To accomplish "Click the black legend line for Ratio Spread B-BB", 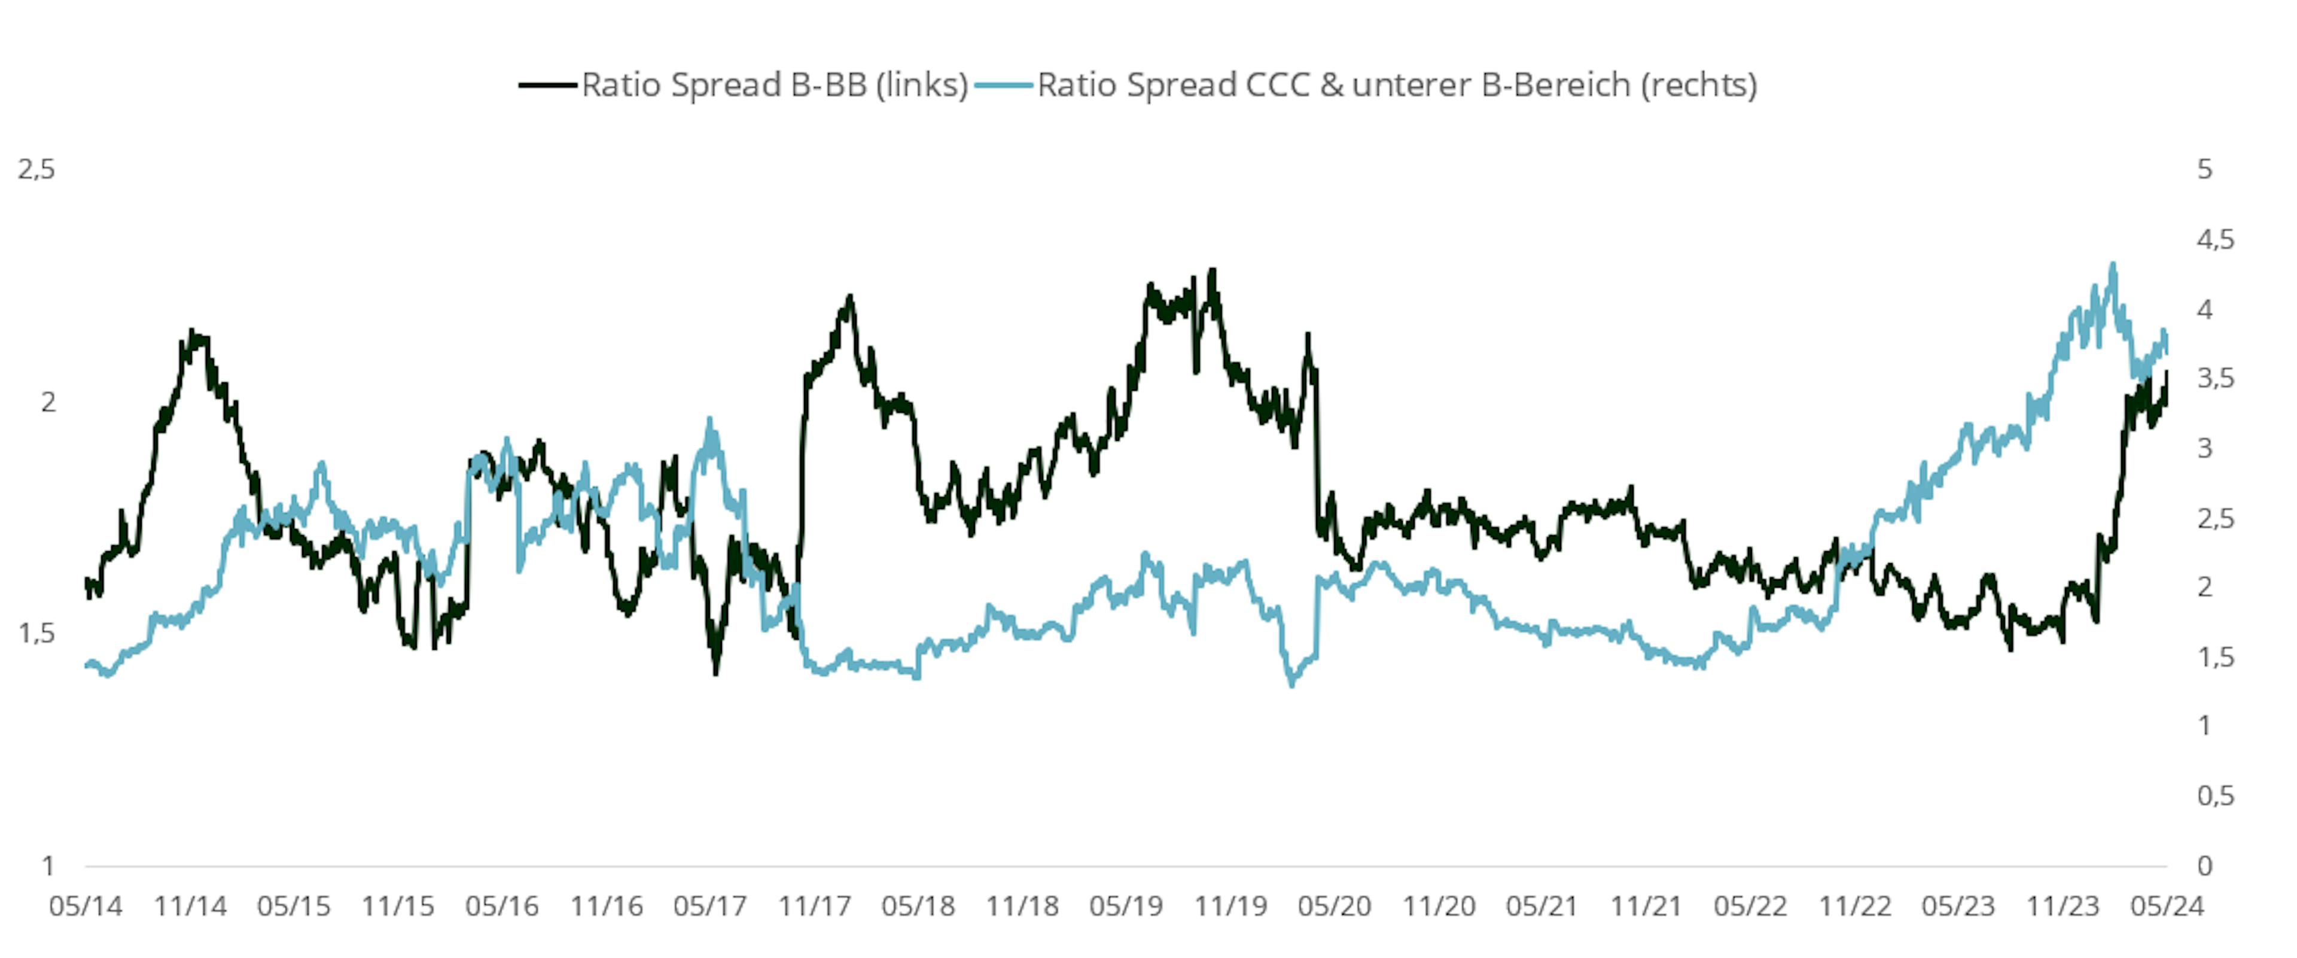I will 547,86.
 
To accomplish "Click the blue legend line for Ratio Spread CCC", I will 1004,86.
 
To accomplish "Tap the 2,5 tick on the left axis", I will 36,169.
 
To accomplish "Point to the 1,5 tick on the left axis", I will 36,633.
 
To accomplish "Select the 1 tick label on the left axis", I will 47,865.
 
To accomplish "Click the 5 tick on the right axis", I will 2205,169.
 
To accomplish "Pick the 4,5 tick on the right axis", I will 2216,239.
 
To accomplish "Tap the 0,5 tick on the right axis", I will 2216,796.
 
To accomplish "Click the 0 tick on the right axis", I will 2205,865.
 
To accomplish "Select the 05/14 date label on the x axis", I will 86,907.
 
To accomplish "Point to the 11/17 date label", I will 814,907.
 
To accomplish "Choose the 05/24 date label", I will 2167,907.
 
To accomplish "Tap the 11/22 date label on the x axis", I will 1855,907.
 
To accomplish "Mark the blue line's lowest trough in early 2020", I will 1292,684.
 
